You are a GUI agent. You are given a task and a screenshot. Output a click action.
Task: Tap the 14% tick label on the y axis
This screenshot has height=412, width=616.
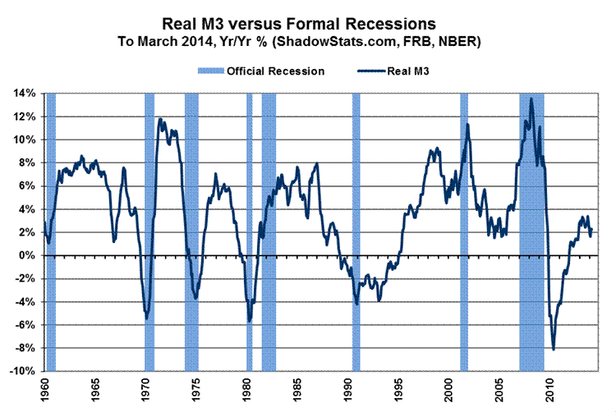click(x=22, y=94)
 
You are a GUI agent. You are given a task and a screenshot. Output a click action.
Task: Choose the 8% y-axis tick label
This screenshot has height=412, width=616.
click(x=25, y=163)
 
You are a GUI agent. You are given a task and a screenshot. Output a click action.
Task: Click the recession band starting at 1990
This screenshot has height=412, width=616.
click(x=356, y=230)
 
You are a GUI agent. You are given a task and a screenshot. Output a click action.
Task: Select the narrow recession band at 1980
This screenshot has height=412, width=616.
click(x=250, y=230)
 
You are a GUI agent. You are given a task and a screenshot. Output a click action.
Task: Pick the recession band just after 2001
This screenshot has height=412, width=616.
click(x=464, y=230)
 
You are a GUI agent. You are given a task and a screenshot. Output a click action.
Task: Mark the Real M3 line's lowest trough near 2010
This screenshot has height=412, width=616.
click(x=554, y=350)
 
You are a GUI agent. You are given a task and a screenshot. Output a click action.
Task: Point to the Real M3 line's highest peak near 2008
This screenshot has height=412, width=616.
click(x=531, y=98)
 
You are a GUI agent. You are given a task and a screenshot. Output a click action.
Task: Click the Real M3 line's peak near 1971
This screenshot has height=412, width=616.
click(x=159, y=119)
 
